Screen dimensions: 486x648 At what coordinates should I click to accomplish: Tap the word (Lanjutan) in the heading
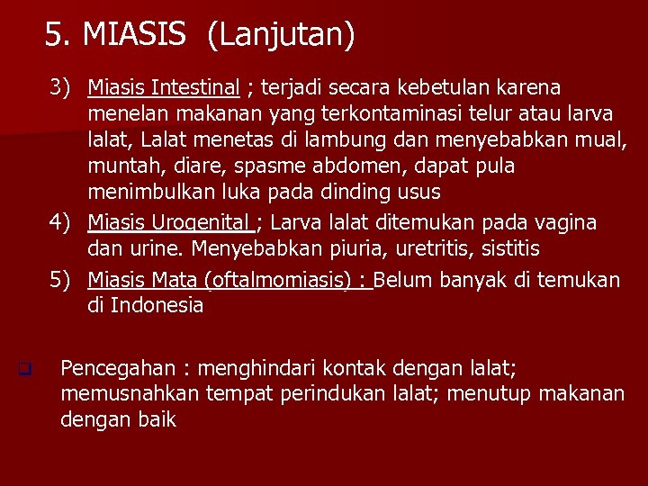[281, 35]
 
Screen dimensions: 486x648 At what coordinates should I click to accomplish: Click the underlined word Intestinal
[196, 87]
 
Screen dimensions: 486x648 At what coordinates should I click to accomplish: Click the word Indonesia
[157, 305]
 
